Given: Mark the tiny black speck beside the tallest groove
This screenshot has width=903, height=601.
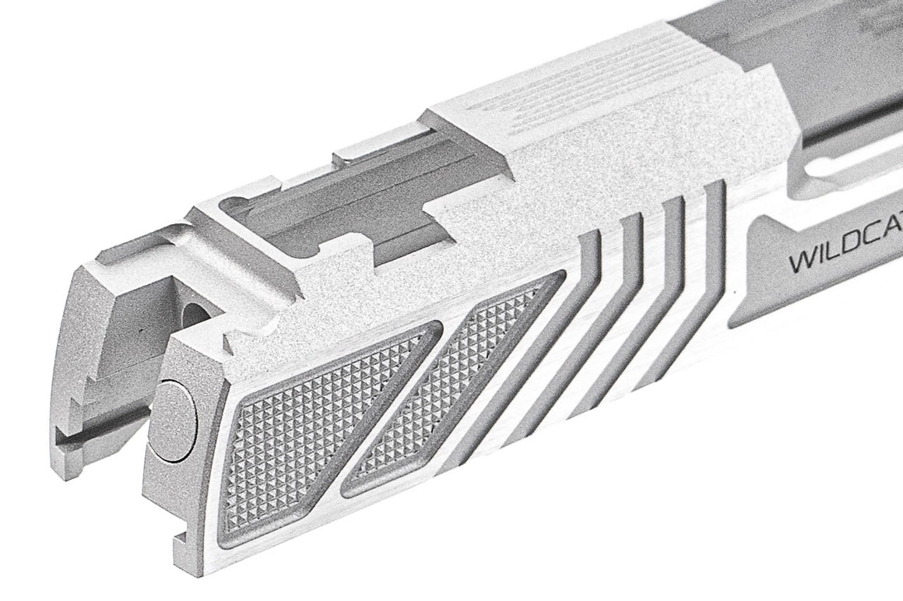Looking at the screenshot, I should (734, 292).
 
